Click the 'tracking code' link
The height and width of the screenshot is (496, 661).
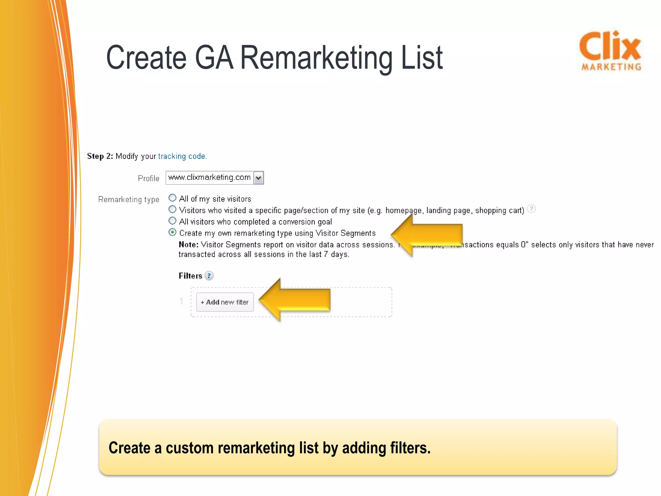click(182, 156)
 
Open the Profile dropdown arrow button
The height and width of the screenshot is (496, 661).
click(258, 178)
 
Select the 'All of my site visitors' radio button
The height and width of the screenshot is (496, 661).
click(173, 198)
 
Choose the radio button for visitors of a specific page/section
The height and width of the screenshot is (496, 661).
click(173, 209)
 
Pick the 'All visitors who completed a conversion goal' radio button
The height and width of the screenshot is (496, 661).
click(173, 221)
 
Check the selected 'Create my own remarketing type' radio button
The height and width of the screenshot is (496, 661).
click(173, 232)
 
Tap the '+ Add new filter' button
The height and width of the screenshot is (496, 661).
click(225, 302)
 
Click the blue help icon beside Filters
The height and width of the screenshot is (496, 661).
click(209, 276)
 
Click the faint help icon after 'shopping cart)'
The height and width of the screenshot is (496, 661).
click(531, 209)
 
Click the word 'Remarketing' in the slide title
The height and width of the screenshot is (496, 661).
click(317, 58)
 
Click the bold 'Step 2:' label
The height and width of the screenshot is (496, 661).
click(100, 156)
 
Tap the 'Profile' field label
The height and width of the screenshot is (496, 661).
click(148, 178)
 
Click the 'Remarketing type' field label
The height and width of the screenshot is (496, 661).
click(128, 200)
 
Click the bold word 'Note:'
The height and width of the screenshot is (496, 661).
click(188, 245)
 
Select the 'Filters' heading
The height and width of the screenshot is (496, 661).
click(190, 276)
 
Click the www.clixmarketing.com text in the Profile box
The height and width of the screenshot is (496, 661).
click(209, 178)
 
